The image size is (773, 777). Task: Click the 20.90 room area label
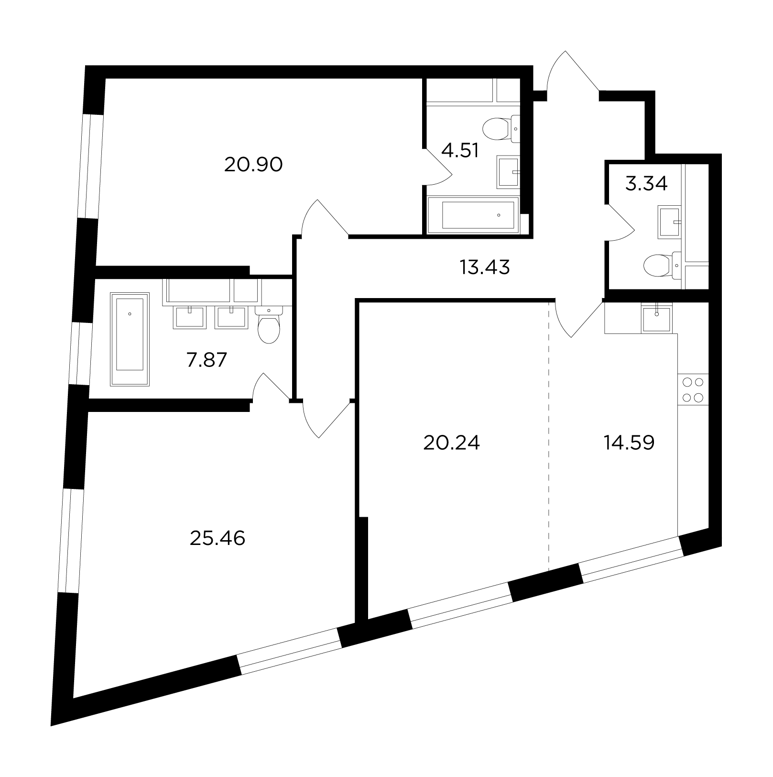point(253,165)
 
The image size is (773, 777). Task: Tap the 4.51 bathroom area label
point(460,151)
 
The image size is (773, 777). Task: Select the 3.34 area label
point(646,184)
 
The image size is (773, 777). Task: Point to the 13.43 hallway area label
point(485,267)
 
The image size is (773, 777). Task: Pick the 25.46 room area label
point(218,539)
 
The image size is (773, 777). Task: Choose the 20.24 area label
point(451,444)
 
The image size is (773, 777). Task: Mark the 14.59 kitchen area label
point(629,443)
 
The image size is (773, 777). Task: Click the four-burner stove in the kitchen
point(693,390)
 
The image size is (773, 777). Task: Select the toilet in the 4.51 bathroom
point(501,128)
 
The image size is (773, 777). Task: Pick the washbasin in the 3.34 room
point(670,222)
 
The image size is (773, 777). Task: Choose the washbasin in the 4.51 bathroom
point(508,171)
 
